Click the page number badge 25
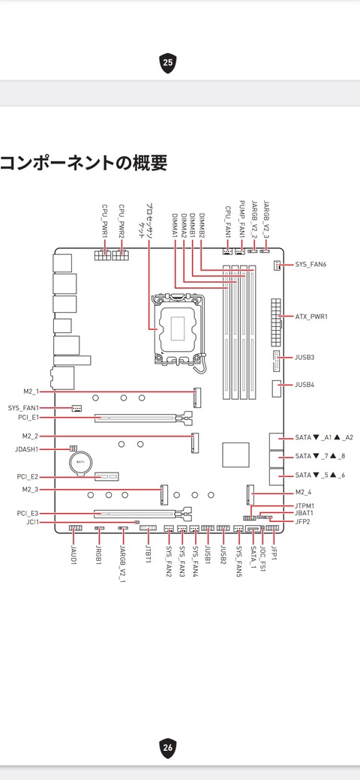pos(168,63)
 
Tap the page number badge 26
pos(168,747)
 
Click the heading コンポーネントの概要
pos(83,163)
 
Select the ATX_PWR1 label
pos(312,316)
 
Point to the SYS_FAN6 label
pos(312,265)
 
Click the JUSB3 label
pos(304,357)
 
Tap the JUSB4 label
pos(304,385)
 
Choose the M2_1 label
pos(30,392)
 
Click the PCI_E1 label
pos(28,418)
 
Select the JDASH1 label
pos(27,449)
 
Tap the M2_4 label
pos(303,493)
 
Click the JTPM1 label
pos(304,506)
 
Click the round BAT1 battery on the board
pos(80,463)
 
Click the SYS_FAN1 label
pos(23,408)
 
